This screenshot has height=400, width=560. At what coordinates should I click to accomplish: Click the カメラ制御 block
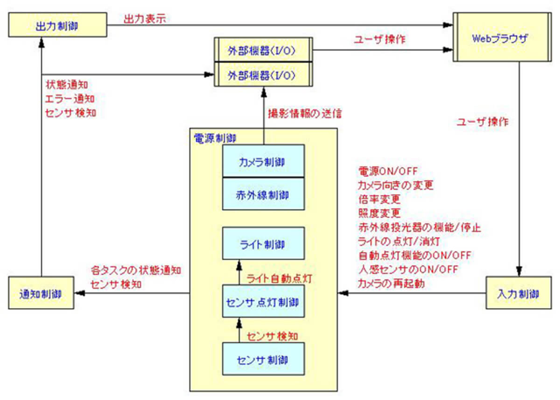pyautogui.click(x=264, y=161)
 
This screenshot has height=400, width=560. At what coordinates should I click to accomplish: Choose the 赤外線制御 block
pyautogui.click(x=264, y=194)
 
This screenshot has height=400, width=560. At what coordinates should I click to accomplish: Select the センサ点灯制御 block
pyautogui.click(x=264, y=301)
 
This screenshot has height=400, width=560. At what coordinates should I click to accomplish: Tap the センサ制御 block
pyautogui.click(x=264, y=359)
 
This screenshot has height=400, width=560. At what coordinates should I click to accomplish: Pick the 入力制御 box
pyautogui.click(x=518, y=293)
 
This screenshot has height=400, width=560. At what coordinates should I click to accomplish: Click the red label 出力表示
pyautogui.click(x=144, y=19)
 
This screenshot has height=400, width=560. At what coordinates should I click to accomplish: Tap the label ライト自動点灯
pyautogui.click(x=278, y=279)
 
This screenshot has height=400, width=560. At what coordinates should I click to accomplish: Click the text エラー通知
pyautogui.click(x=70, y=99)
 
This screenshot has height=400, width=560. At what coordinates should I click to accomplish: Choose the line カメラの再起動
pyautogui.click(x=391, y=283)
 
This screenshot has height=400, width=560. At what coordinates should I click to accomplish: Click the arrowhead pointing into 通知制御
pyautogui.click(x=78, y=293)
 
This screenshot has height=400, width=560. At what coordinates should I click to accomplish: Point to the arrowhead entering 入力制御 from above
pyautogui.click(x=518, y=272)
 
